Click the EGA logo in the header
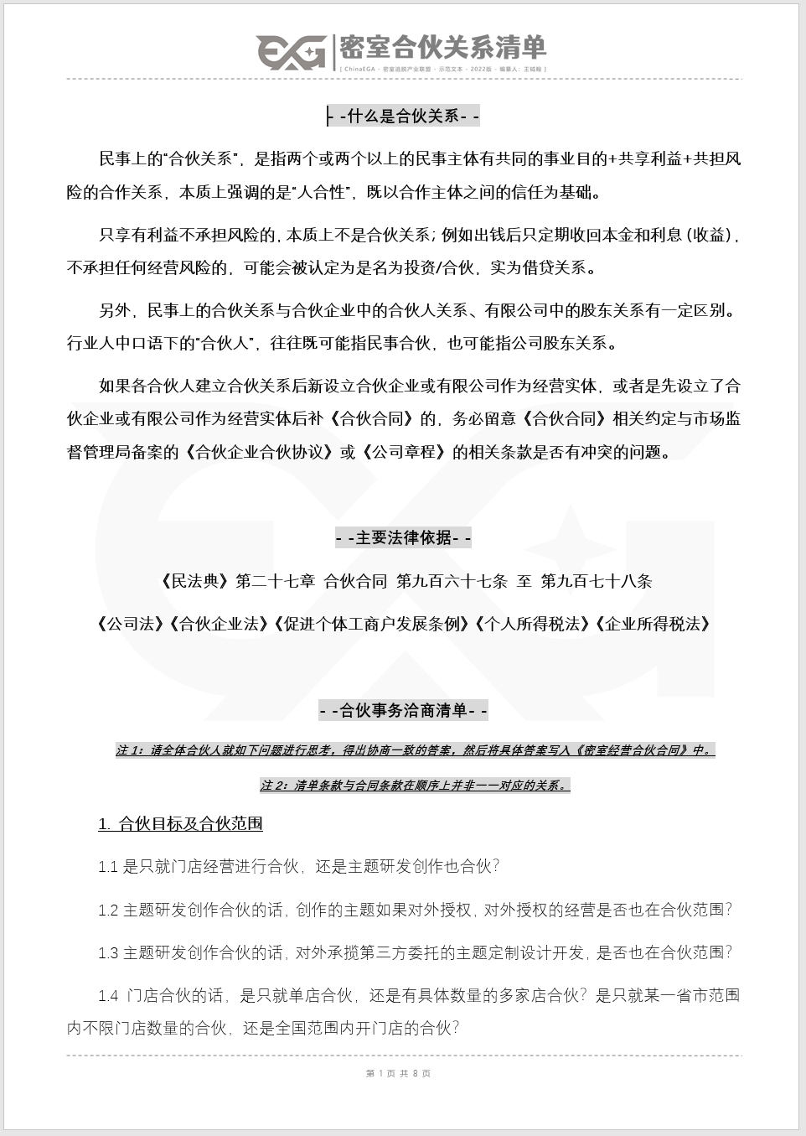291,52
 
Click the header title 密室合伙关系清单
442,47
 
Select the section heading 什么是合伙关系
403,116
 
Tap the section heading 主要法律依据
403,537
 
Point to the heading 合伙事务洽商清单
403,710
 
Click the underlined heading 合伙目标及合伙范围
180,823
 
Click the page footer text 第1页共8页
399,1073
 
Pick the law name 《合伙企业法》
217,624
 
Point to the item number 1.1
108,867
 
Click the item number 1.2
108,910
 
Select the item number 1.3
108,952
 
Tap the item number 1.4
108,996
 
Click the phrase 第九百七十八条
597,581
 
